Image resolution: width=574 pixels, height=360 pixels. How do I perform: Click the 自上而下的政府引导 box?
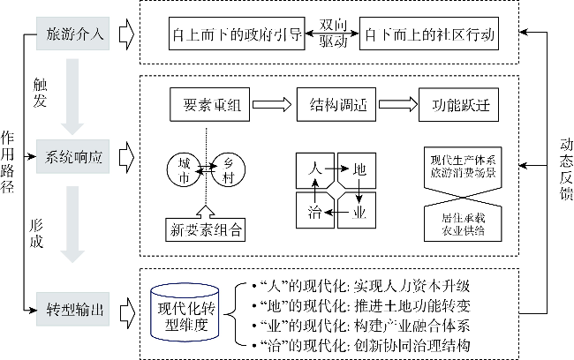point(237,38)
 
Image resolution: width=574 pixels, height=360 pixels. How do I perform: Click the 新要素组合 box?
point(206,230)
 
